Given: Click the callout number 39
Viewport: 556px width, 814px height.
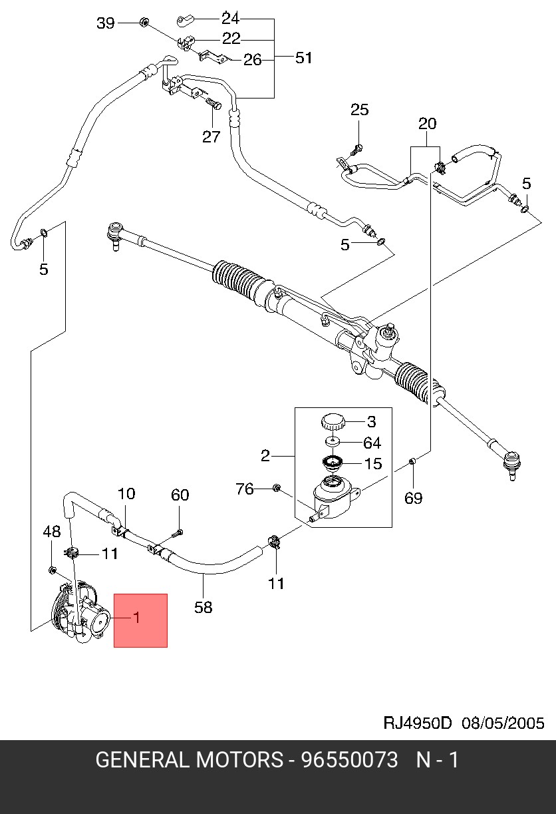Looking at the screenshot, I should pos(106,23).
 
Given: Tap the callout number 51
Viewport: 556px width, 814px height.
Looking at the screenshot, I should pos(303,58).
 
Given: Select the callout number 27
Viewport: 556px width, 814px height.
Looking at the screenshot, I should pos(211,136).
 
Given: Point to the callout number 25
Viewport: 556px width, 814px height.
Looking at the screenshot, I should pos(359,109).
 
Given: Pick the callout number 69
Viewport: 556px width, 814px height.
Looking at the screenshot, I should pos(414,498).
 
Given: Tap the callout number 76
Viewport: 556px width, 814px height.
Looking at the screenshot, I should pos(245,489).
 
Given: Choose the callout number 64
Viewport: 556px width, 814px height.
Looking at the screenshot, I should pos(372,443).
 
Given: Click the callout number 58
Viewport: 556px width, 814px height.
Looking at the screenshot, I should pos(204,606).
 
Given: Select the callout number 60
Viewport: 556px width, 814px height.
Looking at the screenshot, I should pos(180,495).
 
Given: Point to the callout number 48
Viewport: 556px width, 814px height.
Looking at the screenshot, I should pos(52,531).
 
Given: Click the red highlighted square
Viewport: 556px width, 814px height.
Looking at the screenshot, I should pos(140,620).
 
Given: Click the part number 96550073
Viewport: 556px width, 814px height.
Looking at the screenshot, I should pos(349,759).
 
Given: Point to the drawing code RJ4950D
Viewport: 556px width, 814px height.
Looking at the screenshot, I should pos(418,723).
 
